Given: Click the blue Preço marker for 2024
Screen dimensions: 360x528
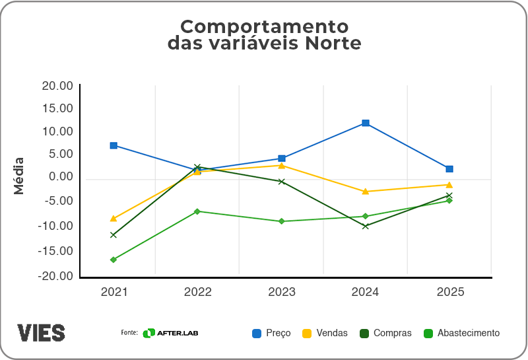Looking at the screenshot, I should (x=365, y=124).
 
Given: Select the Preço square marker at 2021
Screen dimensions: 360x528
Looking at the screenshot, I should (x=114, y=145).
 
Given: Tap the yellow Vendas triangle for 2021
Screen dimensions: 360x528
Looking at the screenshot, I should (x=114, y=218).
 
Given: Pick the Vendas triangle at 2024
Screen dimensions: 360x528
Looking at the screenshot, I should (x=365, y=191).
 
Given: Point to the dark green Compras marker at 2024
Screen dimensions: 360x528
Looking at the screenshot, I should (x=365, y=226).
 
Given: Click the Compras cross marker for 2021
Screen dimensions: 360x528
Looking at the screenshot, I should (x=114, y=234).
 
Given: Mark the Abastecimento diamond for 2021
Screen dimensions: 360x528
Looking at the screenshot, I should (x=114, y=260).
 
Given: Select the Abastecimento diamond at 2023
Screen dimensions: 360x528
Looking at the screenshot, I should (x=281, y=221).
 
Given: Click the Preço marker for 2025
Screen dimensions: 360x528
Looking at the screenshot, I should (x=449, y=169).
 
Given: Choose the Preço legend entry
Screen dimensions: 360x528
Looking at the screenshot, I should (x=271, y=333).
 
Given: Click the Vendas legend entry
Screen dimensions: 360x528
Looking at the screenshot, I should (x=325, y=333).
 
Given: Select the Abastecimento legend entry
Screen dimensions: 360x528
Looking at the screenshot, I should (x=461, y=333).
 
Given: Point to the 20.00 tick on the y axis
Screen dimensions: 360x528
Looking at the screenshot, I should (x=57, y=86).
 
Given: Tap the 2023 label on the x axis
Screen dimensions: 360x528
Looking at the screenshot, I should (x=281, y=292).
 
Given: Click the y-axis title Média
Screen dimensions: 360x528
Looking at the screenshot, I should (x=19, y=176).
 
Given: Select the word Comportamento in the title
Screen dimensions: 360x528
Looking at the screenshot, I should (x=264, y=26).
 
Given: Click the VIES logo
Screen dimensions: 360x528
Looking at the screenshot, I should (x=41, y=332).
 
